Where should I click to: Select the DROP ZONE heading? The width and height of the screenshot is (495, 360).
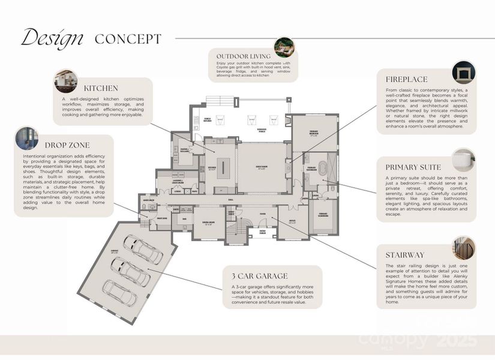[67, 145]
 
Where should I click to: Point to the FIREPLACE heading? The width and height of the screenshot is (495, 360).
[406, 79]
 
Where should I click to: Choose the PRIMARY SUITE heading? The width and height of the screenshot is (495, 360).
[413, 167]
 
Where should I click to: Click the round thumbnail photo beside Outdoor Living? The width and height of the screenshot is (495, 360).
[284, 47]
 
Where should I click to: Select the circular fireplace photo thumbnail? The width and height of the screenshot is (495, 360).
[463, 71]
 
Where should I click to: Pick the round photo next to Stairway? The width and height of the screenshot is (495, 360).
[464, 247]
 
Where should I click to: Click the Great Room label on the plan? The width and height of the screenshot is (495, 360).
[261, 169]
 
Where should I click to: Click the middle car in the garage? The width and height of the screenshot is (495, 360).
[129, 271]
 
